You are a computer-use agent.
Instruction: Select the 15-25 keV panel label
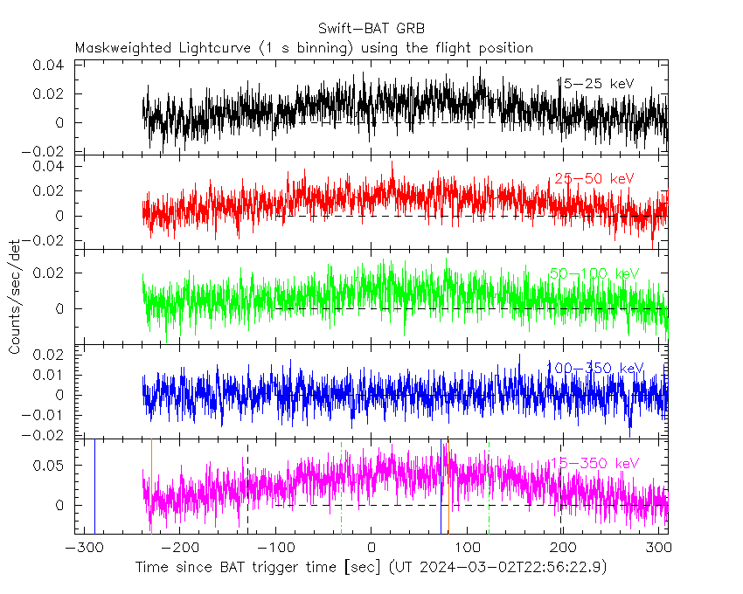tap(595, 84)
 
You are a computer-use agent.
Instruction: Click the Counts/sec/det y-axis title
tap(16, 297)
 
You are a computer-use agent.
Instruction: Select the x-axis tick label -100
tap(274, 549)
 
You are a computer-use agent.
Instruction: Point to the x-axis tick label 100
tap(468, 549)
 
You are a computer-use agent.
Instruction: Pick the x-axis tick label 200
tap(563, 549)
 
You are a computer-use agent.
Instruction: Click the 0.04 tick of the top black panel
tap(48, 66)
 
